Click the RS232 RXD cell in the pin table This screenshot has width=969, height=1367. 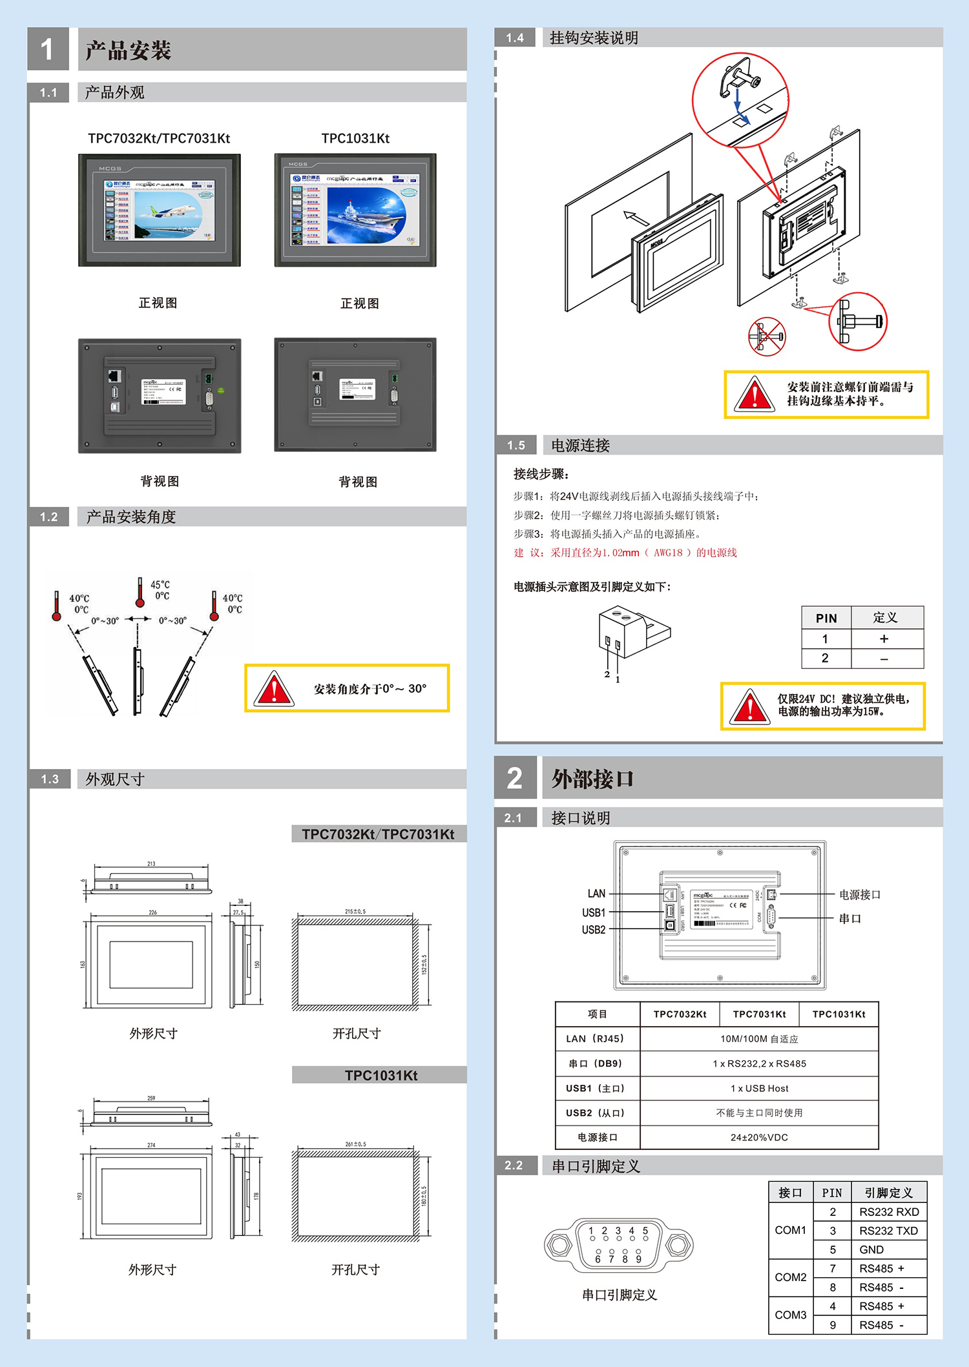pyautogui.click(x=888, y=1212)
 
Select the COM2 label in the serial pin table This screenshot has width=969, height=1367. pyautogui.click(x=790, y=1277)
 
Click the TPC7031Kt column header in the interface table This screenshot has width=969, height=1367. pyautogui.click(x=759, y=1014)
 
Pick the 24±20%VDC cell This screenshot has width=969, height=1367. pyautogui.click(x=759, y=1138)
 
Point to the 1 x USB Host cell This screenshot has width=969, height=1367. pyautogui.click(x=759, y=1089)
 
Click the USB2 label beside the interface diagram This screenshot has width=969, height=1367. pyautogui.click(x=593, y=930)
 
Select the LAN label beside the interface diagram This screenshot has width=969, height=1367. pyautogui.click(x=596, y=894)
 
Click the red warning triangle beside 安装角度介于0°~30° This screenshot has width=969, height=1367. pyautogui.click(x=274, y=689)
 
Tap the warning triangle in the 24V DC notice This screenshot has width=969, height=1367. pyautogui.click(x=749, y=707)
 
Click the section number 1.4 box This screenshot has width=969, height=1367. pyautogui.click(x=515, y=38)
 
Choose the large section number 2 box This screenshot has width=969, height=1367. pyautogui.click(x=515, y=778)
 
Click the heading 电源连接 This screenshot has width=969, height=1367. pyautogui.click(x=580, y=446)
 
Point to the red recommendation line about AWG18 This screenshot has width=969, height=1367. pyautogui.click(x=625, y=553)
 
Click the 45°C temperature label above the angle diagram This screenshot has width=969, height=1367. pyautogui.click(x=160, y=585)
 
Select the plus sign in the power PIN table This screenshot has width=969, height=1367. pyautogui.click(x=884, y=639)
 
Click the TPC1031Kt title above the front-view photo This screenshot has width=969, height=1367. pyautogui.click(x=355, y=138)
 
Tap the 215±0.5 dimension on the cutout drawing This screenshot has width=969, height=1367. pyautogui.click(x=355, y=912)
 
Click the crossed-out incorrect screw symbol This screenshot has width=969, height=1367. pyautogui.click(x=766, y=336)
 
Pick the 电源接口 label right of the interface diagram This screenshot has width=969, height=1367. pyautogui.click(x=859, y=894)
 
